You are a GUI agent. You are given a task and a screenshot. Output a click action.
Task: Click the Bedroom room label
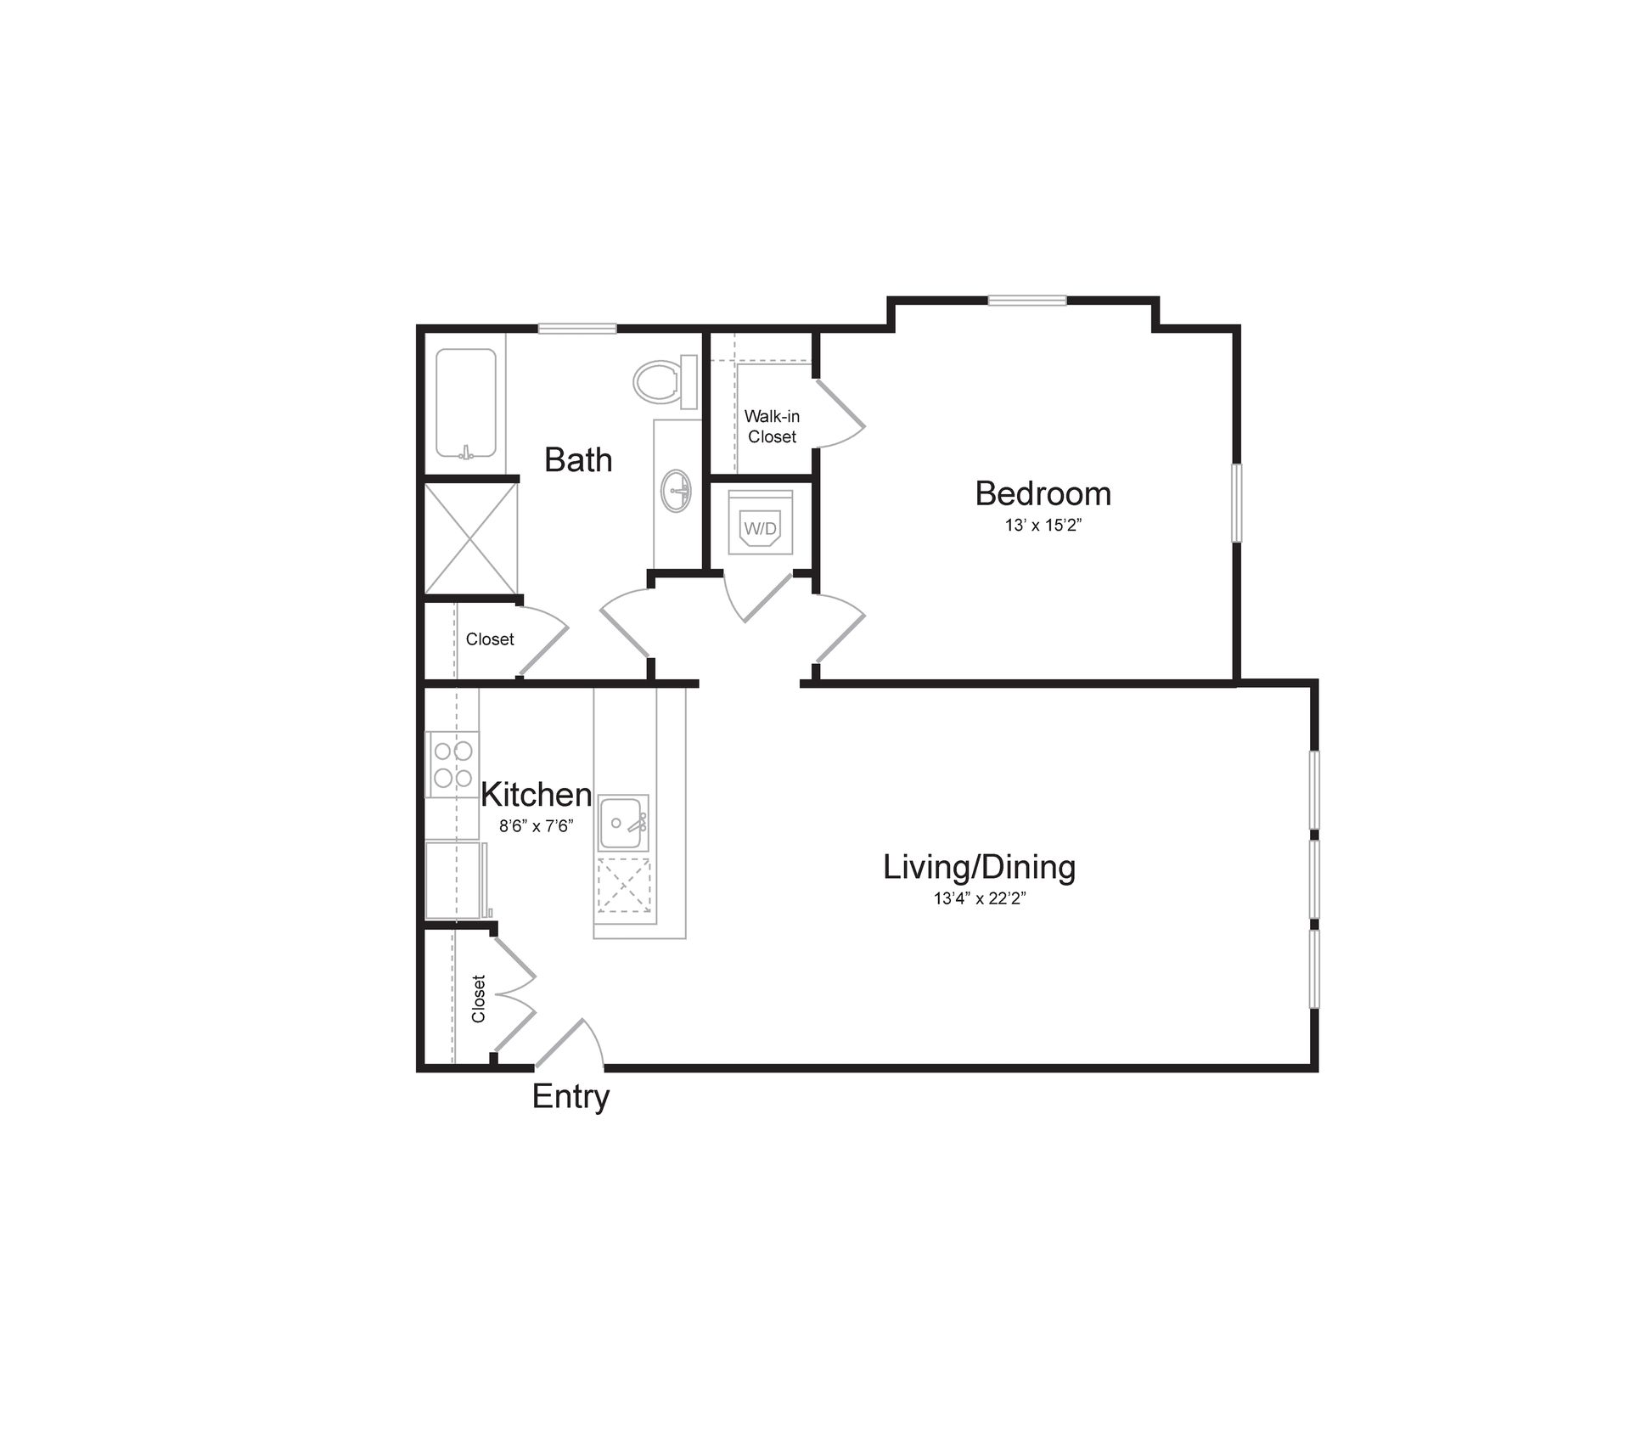(1043, 493)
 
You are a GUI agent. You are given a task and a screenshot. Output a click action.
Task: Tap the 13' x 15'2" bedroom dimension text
(1043, 526)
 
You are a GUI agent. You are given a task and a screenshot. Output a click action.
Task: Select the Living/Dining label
(979, 867)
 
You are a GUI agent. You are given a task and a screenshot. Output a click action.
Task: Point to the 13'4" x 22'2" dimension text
(980, 899)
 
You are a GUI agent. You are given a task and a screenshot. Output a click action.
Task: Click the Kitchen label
(536, 795)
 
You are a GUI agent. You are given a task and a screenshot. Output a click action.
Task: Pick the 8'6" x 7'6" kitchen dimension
(536, 826)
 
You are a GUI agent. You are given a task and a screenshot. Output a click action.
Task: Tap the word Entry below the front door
(570, 1096)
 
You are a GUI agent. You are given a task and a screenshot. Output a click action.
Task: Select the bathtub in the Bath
(466, 403)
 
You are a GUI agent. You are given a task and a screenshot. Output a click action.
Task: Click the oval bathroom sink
(677, 491)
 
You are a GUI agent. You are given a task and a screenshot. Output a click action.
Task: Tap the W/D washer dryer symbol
(760, 528)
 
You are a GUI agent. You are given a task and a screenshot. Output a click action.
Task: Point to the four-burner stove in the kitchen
(452, 763)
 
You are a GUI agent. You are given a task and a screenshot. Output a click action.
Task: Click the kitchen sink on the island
(621, 823)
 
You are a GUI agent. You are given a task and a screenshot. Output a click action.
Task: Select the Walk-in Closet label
(772, 426)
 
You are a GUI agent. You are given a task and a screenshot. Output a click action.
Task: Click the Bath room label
(578, 459)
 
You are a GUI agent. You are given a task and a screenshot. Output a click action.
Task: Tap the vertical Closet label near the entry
(478, 999)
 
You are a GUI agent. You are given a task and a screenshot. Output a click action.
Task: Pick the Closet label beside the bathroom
(490, 639)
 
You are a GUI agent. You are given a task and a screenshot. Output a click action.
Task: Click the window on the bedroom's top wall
(1026, 300)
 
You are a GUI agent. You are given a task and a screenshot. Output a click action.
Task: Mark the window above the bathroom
(577, 329)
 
